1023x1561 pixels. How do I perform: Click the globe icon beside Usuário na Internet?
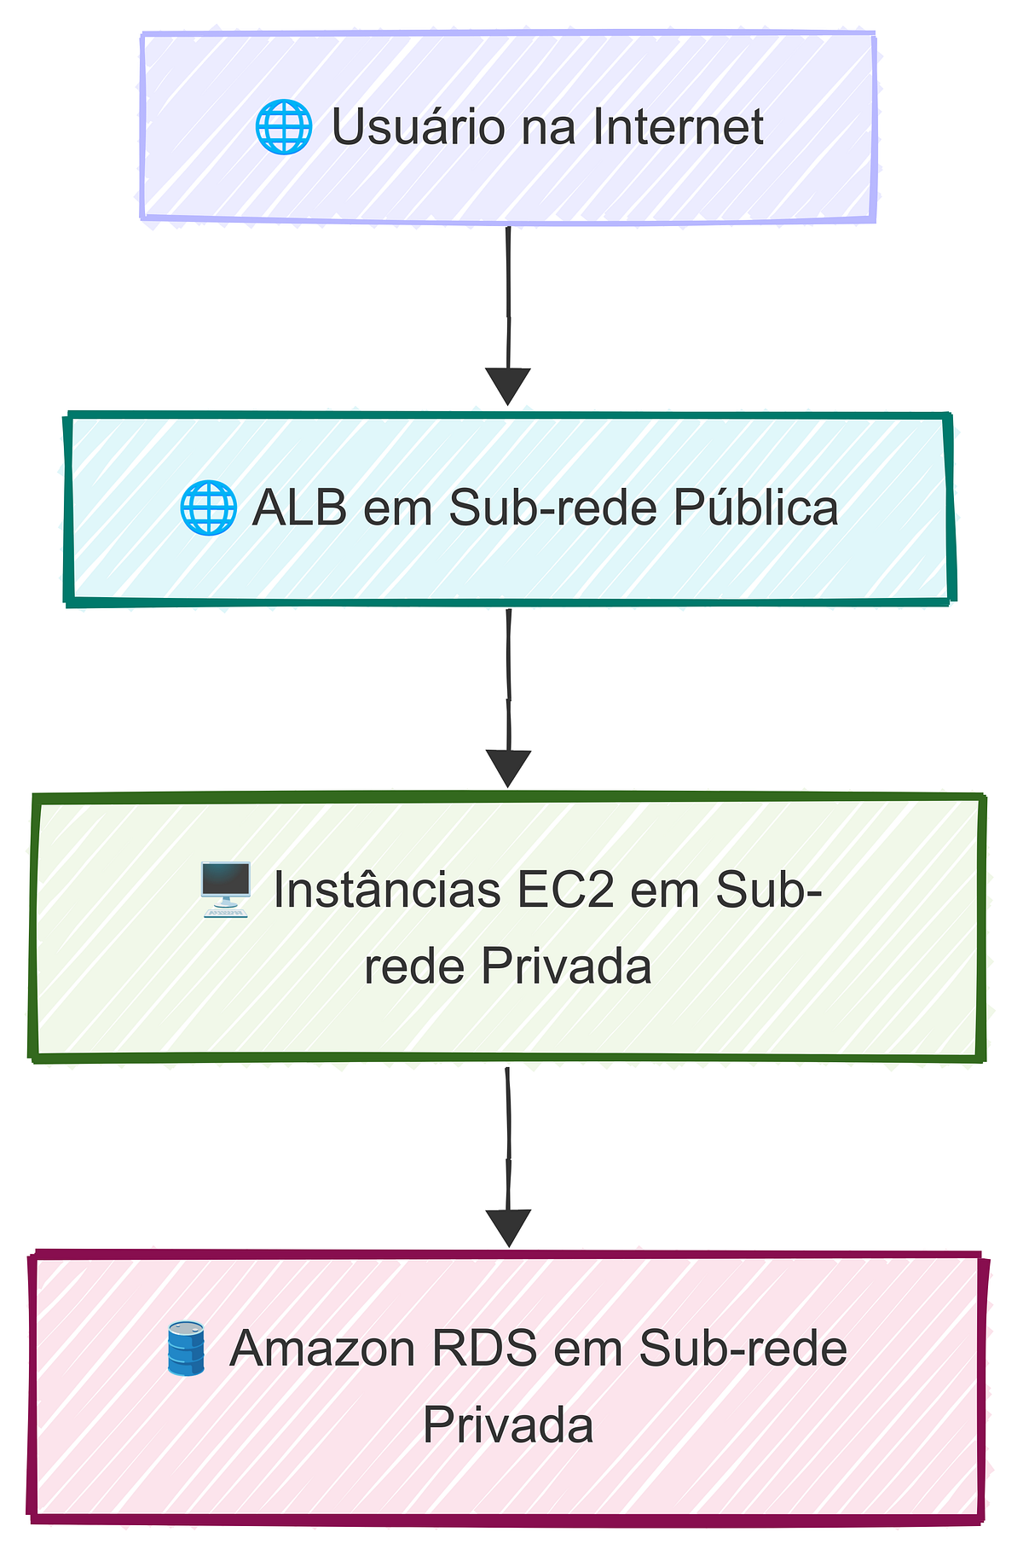click(283, 127)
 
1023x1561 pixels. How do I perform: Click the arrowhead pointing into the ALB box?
click(508, 386)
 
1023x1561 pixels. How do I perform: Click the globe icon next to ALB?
click(207, 508)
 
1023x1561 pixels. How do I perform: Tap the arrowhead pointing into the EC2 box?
click(508, 768)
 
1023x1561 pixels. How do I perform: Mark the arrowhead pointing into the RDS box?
click(508, 1227)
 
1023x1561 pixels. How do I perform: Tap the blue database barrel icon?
click(186, 1349)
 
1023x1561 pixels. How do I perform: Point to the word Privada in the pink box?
click(508, 1425)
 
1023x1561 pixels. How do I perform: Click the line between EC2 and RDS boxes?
click(508, 1134)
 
